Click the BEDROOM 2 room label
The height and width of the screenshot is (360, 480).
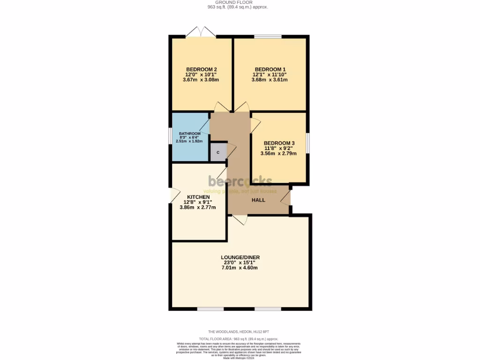[x=201, y=69]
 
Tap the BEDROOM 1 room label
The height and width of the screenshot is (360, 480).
[x=270, y=69]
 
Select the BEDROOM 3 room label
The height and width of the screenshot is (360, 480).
[x=279, y=143]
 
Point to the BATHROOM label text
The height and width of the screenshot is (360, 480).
[x=190, y=134]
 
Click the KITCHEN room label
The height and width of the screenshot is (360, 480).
[x=198, y=197]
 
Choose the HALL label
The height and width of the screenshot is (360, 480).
[x=258, y=200]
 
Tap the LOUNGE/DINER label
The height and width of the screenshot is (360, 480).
[x=240, y=257]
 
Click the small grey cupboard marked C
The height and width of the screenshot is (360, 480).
[x=218, y=152]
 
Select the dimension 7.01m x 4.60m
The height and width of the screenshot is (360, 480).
[x=240, y=268]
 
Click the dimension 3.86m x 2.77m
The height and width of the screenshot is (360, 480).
[x=198, y=207]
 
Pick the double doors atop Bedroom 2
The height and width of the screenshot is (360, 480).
[x=201, y=33]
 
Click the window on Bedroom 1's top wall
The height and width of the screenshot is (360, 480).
[x=268, y=37]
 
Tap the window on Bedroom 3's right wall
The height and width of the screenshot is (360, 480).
[x=308, y=143]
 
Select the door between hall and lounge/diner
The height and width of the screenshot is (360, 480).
[x=240, y=219]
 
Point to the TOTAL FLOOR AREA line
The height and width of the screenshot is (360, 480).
[x=239, y=338]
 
